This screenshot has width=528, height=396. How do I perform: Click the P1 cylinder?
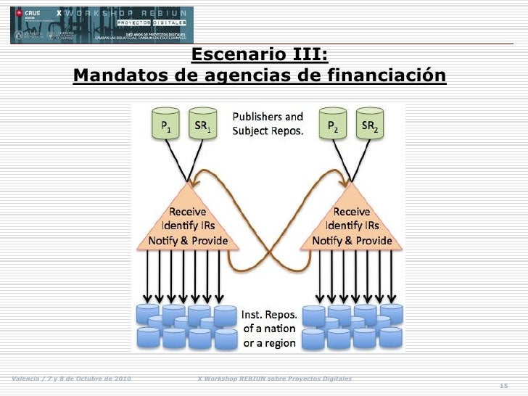coord(166,125)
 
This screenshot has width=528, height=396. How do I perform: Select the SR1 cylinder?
coord(202,125)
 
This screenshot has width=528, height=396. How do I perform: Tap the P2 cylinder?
coord(333,125)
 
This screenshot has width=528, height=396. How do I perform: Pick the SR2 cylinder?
coord(369,125)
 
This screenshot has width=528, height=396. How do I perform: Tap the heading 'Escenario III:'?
coord(259,55)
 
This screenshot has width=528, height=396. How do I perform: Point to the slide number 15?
coord(504,385)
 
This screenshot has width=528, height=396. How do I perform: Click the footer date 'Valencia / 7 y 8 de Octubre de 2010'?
coord(70,379)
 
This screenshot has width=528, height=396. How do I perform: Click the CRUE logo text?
coord(32,13)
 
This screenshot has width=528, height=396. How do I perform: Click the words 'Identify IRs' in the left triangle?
coord(187,226)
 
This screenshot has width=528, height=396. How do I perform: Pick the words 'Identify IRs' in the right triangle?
coord(352,226)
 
